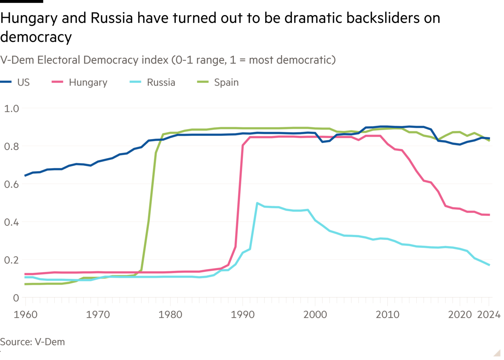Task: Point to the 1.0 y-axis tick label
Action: click(x=11, y=108)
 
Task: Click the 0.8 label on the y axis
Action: click(x=11, y=146)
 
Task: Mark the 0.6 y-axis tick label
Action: click(x=11, y=184)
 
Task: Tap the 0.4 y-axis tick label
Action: click(x=11, y=222)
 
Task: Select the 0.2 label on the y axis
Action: click(x=11, y=260)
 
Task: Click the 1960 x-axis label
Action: click(x=26, y=315)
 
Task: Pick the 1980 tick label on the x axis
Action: click(x=170, y=315)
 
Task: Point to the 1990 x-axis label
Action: click(x=243, y=315)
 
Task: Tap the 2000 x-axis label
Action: click(x=315, y=315)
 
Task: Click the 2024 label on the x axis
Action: click(x=489, y=315)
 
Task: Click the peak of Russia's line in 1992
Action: click(x=257, y=203)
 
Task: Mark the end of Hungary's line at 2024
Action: click(x=489, y=215)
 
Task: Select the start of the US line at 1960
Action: click(x=25, y=175)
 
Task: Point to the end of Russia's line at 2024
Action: click(x=489, y=265)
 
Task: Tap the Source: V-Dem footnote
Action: click(x=32, y=342)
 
